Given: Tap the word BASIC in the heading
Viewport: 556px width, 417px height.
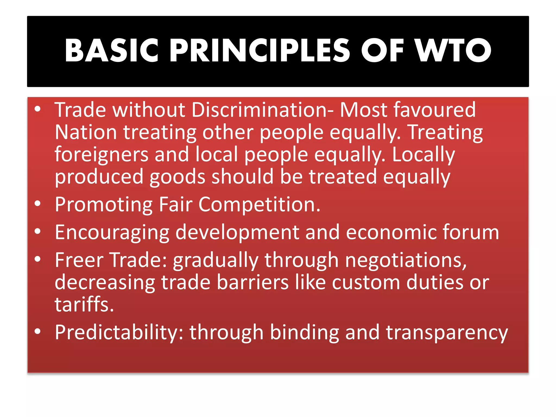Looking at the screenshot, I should click(112, 50).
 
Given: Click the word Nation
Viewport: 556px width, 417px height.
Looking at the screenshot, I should click(86, 132).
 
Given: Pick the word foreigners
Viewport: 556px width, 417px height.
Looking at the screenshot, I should click(102, 155).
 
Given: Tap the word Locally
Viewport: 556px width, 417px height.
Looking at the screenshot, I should click(424, 155).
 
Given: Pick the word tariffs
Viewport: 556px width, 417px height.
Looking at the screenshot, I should click(84, 305).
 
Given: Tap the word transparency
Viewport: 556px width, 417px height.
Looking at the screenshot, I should click(447, 332).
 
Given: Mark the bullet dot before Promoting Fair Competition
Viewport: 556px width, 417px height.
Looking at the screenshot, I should click(38, 204).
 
